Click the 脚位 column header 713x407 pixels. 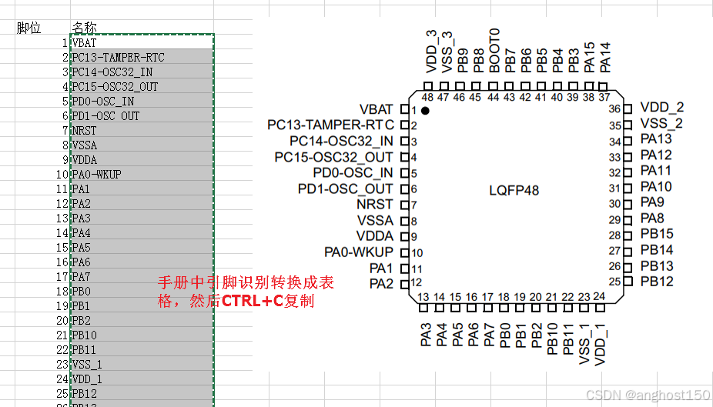[29, 28]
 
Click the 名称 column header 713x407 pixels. [84, 28]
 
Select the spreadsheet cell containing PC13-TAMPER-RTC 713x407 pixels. [118, 57]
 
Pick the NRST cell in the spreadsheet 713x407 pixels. [85, 130]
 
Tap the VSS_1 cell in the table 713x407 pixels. [87, 364]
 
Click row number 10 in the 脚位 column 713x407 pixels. [62, 174]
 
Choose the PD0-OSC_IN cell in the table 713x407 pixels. [103, 101]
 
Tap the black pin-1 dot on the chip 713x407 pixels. [424, 112]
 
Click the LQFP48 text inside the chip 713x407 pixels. [514, 189]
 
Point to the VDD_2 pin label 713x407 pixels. [661, 108]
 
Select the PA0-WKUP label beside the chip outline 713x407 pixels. [359, 252]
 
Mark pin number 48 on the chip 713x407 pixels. [427, 97]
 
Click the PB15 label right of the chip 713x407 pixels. [657, 235]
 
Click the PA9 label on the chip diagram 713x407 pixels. [652, 202]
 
